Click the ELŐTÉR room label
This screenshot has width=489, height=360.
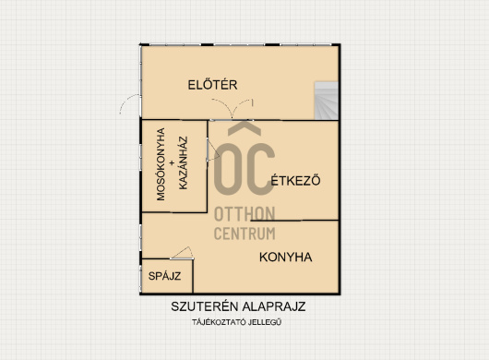pyautogui.click(x=212, y=85)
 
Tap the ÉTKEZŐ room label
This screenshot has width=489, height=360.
pyautogui.click(x=295, y=180)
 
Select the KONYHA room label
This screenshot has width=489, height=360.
pyautogui.click(x=286, y=257)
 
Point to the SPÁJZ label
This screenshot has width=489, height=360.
pyautogui.click(x=164, y=276)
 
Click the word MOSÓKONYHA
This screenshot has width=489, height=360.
pyautogui.click(x=161, y=164)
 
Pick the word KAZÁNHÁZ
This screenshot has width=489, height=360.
pyautogui.click(x=184, y=162)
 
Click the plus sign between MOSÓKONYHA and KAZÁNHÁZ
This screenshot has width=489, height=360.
pyautogui.click(x=172, y=162)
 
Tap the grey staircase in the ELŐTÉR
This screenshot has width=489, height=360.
pyautogui.click(x=327, y=101)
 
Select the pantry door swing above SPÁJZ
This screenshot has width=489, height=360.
pyautogui.click(x=183, y=253)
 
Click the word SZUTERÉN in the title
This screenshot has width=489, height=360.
pyautogui.click(x=204, y=306)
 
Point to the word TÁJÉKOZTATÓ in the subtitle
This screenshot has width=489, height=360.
pyautogui.click(x=219, y=322)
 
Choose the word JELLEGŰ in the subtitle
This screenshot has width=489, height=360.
pyautogui.click(x=265, y=322)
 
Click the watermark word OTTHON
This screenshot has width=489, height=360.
pyautogui.click(x=244, y=214)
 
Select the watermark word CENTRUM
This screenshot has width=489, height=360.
pyautogui.click(x=244, y=234)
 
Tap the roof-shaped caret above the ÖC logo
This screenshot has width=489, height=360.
pyautogui.click(x=244, y=128)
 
